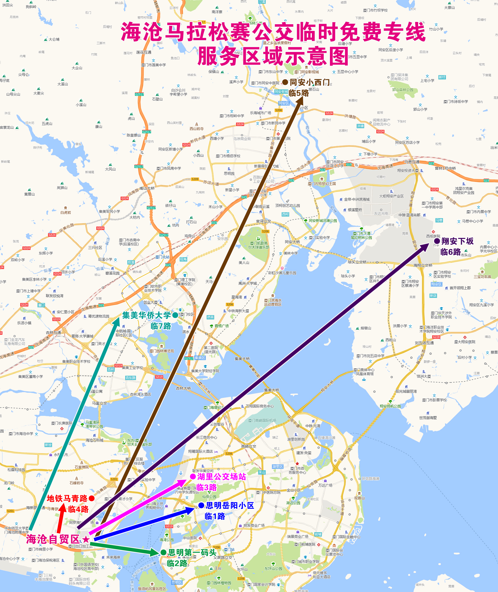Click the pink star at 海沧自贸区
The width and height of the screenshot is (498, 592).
click(86, 539)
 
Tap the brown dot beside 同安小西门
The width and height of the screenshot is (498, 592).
click(285, 82)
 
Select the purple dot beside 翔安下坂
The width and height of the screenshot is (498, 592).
click(437, 241)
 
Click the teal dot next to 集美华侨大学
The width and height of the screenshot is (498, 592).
click(175, 315)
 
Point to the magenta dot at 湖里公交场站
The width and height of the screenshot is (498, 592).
click(193, 476)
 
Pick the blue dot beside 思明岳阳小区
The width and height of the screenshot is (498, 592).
click(201, 506)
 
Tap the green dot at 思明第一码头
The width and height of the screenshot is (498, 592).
click(163, 552)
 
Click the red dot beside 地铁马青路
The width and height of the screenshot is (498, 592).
click(91, 499)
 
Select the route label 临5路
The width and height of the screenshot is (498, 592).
click(298, 93)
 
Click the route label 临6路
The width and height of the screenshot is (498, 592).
click(450, 252)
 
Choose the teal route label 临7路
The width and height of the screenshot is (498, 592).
click(161, 326)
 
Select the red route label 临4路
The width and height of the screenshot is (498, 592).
click(78, 509)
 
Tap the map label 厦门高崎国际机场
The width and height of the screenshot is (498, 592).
click(262, 420)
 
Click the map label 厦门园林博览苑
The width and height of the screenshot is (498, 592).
click(162, 351)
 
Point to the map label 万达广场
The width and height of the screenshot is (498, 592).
click(325, 485)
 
